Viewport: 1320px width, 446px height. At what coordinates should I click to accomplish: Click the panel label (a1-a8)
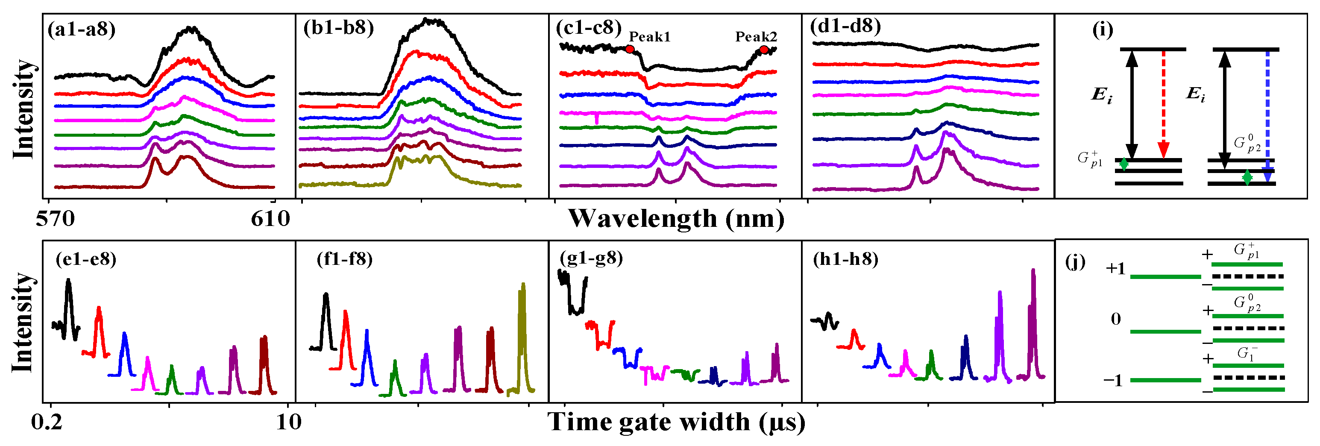(82, 29)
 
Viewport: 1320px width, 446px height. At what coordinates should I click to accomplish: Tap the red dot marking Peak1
(630, 49)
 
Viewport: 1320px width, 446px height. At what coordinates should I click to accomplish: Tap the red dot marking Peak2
(764, 50)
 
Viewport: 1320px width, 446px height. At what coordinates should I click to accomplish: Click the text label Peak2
(756, 37)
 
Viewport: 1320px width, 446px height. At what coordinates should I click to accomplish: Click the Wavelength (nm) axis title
(676, 219)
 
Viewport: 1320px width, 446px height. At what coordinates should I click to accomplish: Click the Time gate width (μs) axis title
(676, 423)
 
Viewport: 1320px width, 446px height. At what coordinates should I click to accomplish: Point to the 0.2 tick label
(47, 423)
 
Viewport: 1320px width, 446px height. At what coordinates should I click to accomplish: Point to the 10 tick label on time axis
(288, 423)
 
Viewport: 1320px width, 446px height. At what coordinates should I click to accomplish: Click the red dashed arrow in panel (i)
(1163, 103)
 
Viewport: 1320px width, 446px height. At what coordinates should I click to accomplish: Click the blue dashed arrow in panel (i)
(1268, 113)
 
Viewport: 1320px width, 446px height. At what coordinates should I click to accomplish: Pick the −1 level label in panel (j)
(1112, 380)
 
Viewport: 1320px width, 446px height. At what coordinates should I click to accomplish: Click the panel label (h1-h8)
(845, 259)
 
